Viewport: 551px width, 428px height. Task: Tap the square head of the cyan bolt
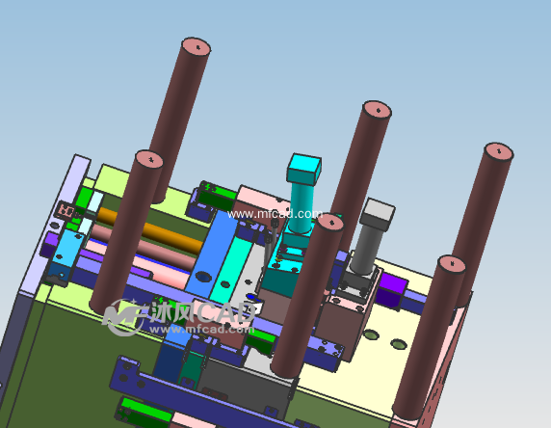(306, 170)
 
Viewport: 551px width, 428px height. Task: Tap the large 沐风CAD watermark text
(202, 314)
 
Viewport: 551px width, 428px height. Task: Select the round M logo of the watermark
(123, 316)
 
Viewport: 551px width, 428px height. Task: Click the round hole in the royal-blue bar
(203, 275)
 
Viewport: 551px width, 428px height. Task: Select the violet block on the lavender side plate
(50, 242)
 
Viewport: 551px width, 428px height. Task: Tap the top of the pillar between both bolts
(329, 224)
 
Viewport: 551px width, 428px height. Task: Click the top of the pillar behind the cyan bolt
(374, 110)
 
